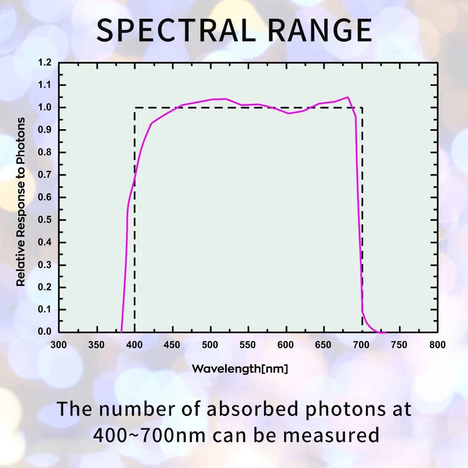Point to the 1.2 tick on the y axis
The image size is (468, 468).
click(x=45, y=62)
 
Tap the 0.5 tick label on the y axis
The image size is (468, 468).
click(x=45, y=220)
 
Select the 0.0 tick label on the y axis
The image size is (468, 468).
click(x=45, y=332)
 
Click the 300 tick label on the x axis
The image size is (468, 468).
click(x=58, y=345)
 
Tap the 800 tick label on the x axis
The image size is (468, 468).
click(x=437, y=345)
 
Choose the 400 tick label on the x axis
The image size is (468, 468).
click(x=134, y=345)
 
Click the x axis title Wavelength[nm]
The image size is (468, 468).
click(x=240, y=369)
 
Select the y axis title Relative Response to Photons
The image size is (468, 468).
click(x=21, y=202)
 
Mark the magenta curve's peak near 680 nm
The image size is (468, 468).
click(x=348, y=97)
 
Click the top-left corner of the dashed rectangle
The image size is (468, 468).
click(x=135, y=108)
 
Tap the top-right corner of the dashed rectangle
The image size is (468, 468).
click(x=362, y=108)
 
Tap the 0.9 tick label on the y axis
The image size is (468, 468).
click(x=45, y=130)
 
